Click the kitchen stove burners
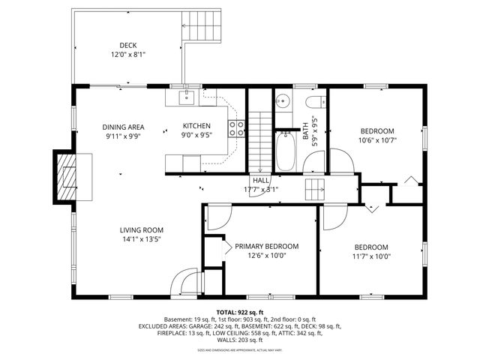pyautogui.click(x=237, y=128)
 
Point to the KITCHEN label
pyautogui.click(x=196, y=126)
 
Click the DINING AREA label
pyautogui.click(x=123, y=127)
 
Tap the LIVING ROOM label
pyautogui.click(x=141, y=230)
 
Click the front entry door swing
pyautogui.click(x=184, y=283)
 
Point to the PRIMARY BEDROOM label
pyautogui.click(x=266, y=246)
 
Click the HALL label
pyautogui.click(x=261, y=181)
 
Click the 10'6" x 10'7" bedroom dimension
pyautogui.click(x=376, y=139)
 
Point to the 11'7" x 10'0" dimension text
pyautogui.click(x=371, y=256)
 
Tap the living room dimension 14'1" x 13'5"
pyautogui.click(x=141, y=239)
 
